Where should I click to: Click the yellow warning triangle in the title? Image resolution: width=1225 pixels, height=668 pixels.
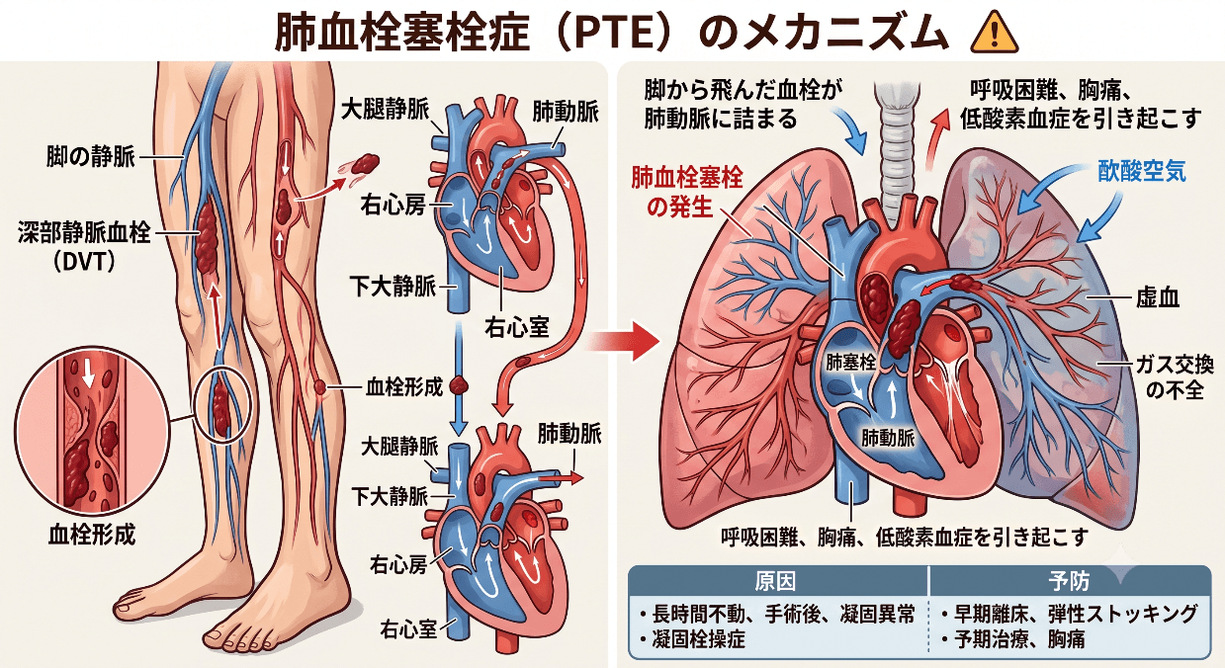click(995, 34)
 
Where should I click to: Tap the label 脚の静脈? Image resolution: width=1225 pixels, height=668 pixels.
click(90, 157)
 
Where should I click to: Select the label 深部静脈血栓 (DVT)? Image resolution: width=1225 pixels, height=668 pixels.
click(84, 246)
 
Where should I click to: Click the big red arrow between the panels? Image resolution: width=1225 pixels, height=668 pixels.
click(624, 342)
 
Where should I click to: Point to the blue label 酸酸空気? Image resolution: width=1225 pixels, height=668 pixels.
click(1142, 172)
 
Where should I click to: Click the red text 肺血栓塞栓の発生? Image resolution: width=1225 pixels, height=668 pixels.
click(687, 193)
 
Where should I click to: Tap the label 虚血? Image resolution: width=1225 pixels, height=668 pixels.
click(1158, 297)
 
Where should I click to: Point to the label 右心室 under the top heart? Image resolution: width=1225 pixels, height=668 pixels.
click(517, 327)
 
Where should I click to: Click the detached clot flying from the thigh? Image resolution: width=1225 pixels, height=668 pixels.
click(364, 163)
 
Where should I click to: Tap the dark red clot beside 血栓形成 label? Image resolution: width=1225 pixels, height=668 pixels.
click(459, 386)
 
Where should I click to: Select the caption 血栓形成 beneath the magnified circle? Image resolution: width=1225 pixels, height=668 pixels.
click(92, 534)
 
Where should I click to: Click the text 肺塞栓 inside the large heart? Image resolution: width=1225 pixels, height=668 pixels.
click(850, 362)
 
